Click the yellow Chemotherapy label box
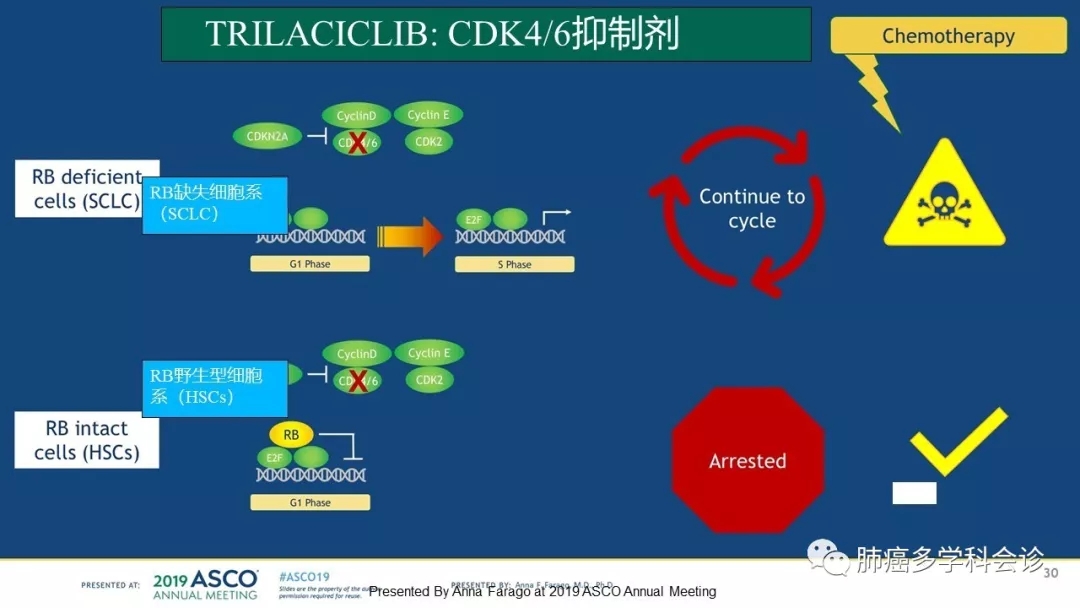coord(948,37)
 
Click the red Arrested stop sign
coord(748,461)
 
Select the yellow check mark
coord(957,441)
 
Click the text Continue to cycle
coord(752,208)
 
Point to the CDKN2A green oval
coord(267,136)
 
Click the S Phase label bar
coord(514,264)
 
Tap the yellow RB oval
coord(291,435)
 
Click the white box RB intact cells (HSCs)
coord(87,440)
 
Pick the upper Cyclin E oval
coord(428,115)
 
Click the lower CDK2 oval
coord(429,380)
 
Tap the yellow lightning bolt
coord(873,92)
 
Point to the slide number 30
coord(1050,573)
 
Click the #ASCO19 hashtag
coord(304,577)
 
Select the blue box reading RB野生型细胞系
coord(215,388)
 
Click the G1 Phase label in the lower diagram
coord(310,502)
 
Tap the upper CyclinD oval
coord(357,116)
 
